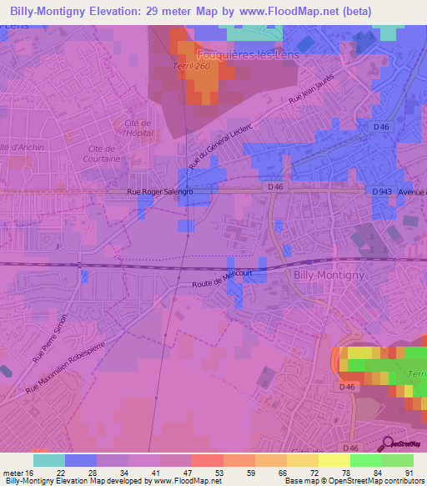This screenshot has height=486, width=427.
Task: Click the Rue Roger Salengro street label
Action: point(160,192)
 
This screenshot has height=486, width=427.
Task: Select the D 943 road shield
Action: point(382,191)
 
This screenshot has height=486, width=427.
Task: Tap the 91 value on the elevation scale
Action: point(409,472)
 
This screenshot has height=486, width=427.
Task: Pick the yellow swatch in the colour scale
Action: point(334,460)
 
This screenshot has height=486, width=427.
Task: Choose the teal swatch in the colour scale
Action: point(49,460)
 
